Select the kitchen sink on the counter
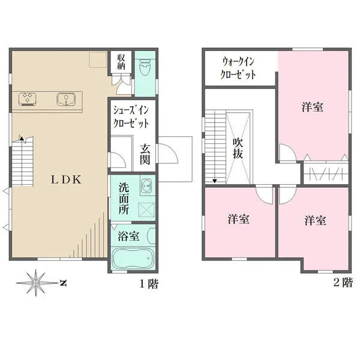pos(65,98)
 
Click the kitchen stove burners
pos(28,98)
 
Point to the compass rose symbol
pos(37,281)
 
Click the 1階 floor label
pos(149,284)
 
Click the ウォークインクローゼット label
pos(239,68)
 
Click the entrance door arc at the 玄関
pos(169,157)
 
